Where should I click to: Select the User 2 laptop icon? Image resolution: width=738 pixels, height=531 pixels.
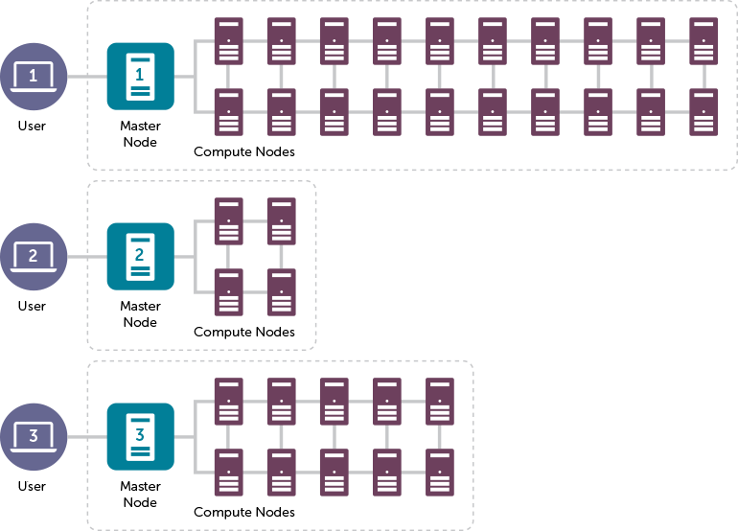coord(34,257)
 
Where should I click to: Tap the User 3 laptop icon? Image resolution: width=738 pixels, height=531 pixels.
coord(34,437)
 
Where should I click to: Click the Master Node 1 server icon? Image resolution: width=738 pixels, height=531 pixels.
coord(140,76)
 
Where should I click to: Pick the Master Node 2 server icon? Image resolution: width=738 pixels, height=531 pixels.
coord(140,256)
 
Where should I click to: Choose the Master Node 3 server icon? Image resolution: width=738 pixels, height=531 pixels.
coord(140,436)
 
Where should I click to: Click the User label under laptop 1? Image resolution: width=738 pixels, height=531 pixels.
coord(32,127)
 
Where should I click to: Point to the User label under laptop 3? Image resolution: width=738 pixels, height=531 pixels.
coord(32,487)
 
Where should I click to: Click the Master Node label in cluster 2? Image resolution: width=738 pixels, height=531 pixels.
coord(140,314)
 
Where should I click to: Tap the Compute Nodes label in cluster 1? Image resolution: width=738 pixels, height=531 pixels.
coord(261,151)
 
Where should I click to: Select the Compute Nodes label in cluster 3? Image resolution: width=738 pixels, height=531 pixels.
coord(261,513)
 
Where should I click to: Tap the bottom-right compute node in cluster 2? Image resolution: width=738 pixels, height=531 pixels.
coord(281,292)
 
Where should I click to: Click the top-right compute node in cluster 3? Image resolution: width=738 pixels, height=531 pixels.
coord(440,402)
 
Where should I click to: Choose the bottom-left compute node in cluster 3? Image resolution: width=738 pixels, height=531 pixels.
coord(228,473)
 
